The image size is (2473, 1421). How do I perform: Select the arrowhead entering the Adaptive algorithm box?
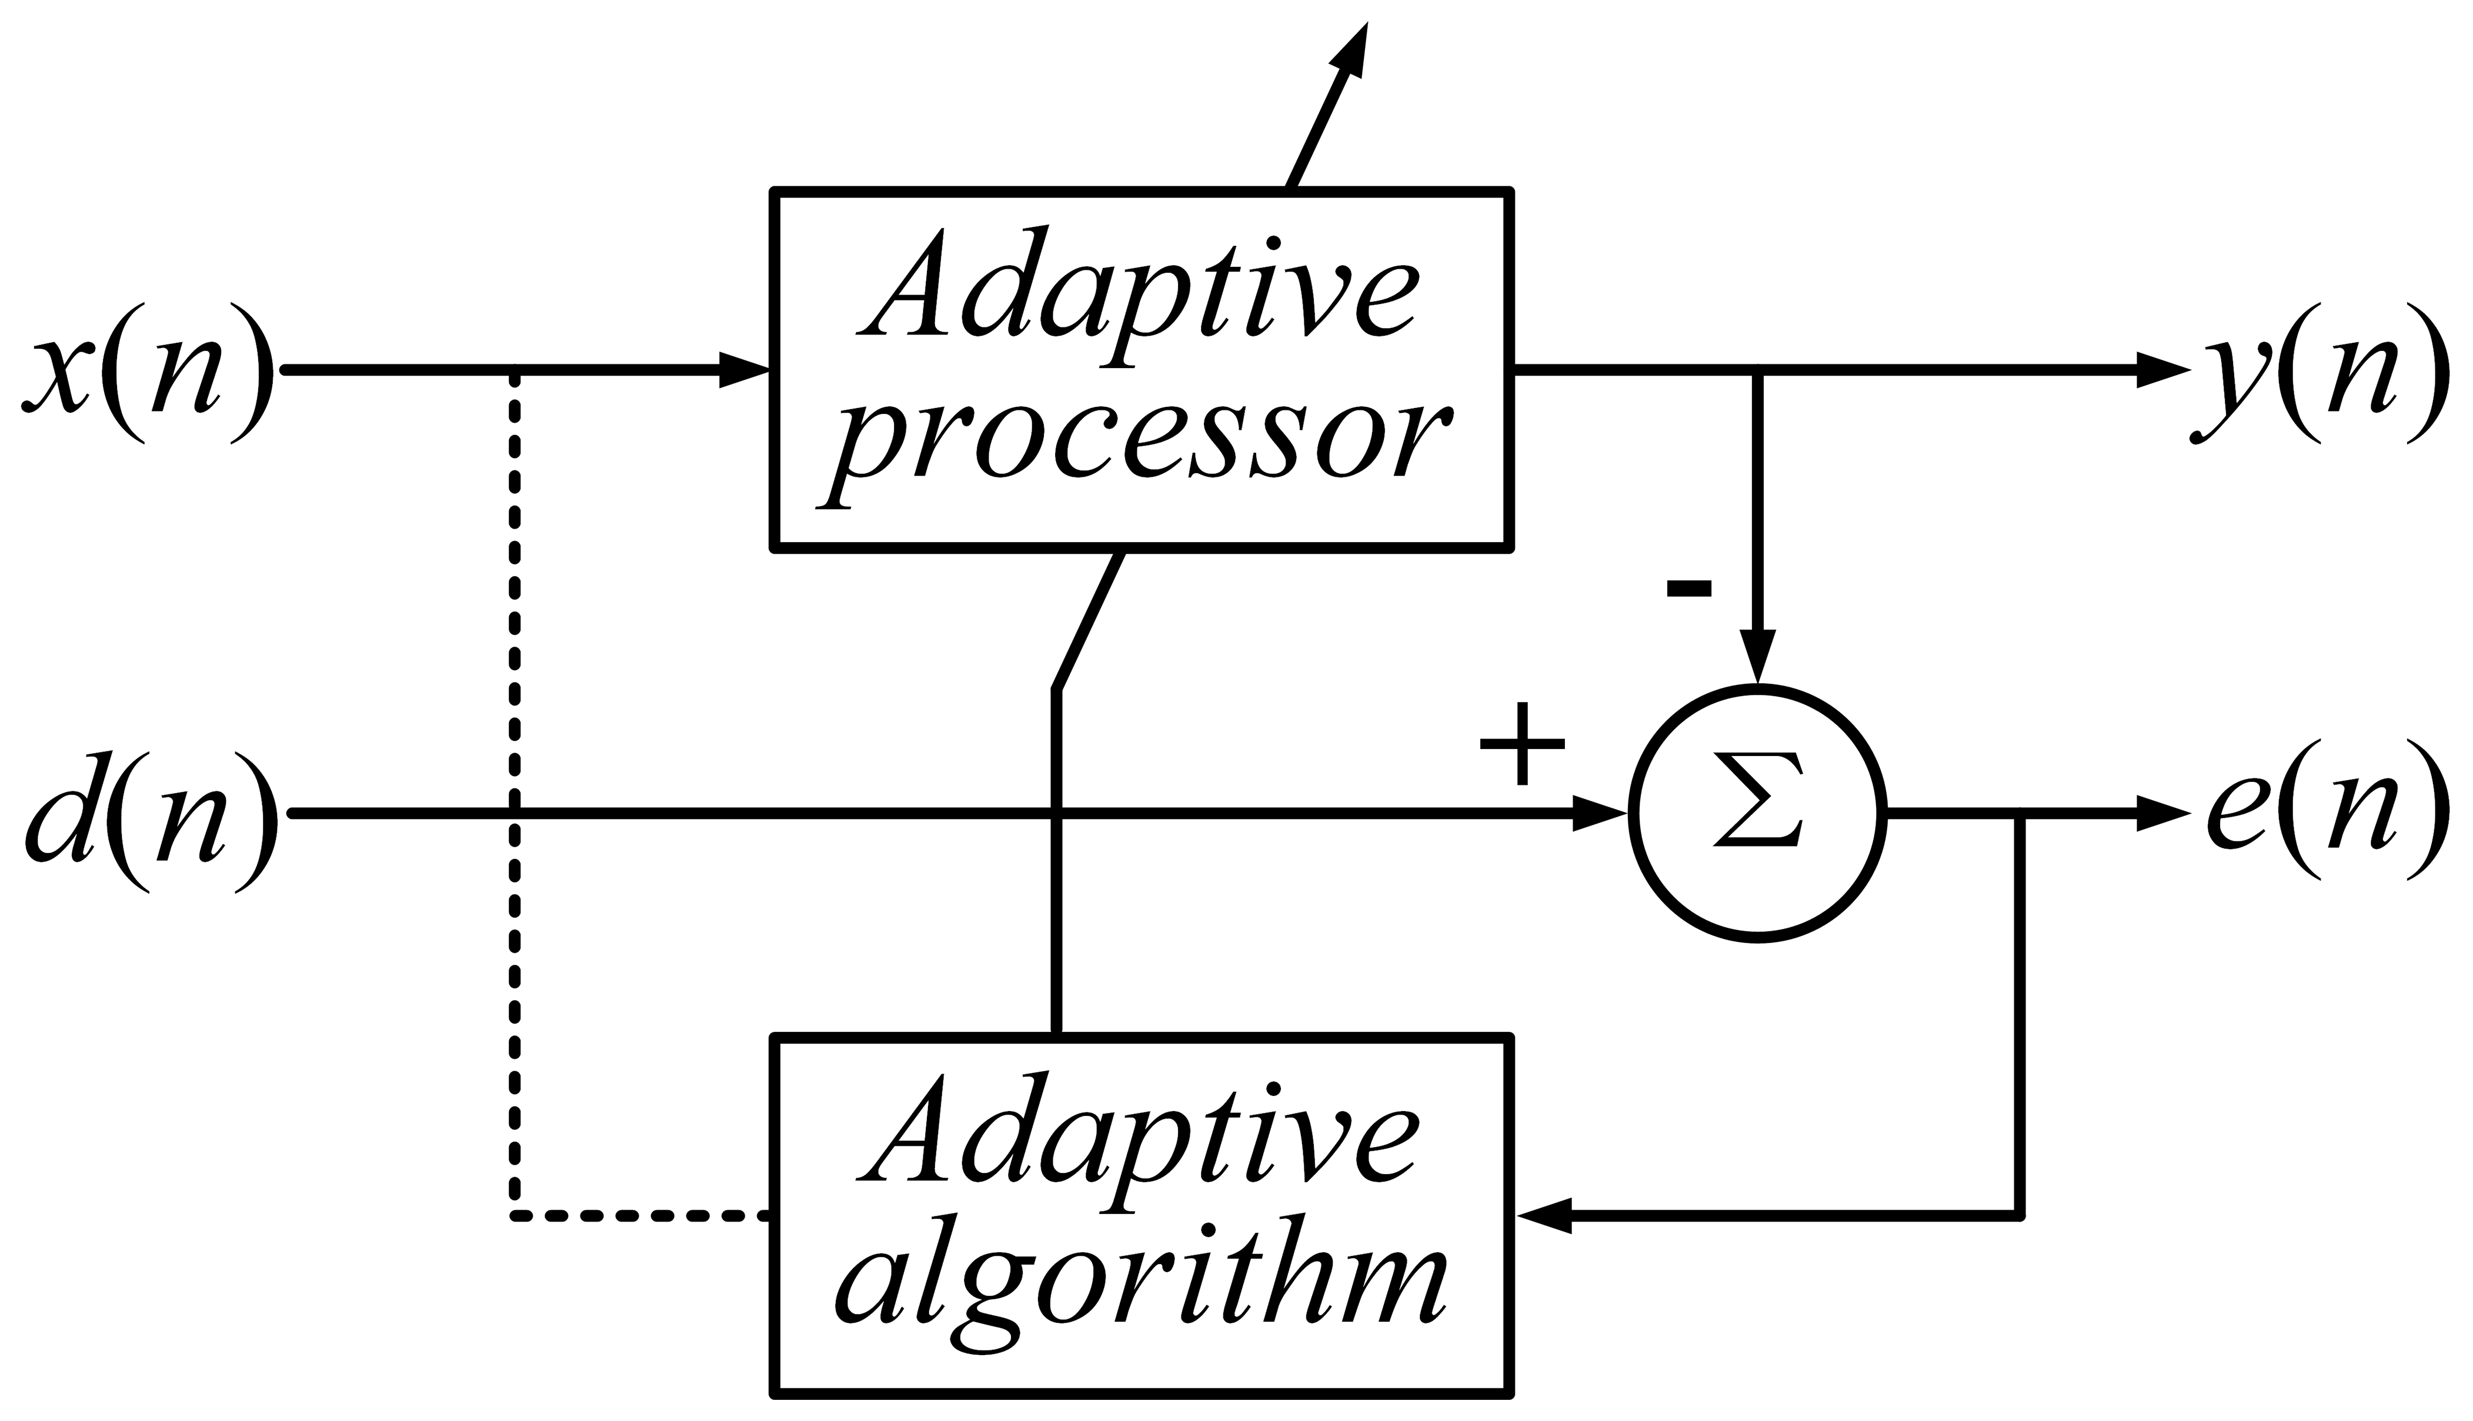pos(1543,1216)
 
